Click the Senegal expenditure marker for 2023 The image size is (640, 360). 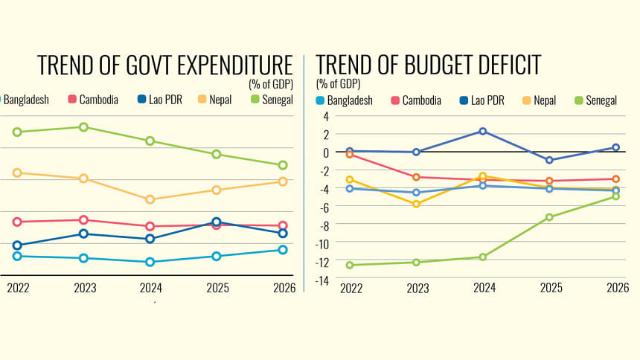83,127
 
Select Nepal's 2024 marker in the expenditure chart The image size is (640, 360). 150,199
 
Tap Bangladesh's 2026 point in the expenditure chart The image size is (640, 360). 283,250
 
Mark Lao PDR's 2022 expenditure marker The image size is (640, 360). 17,245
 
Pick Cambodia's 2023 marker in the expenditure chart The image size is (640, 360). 83,220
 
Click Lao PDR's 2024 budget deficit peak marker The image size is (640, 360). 482,132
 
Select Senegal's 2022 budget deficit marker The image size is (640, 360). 349,265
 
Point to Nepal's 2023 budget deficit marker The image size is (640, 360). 416,204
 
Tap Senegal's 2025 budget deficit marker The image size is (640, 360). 549,217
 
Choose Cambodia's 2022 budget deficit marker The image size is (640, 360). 349,155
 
